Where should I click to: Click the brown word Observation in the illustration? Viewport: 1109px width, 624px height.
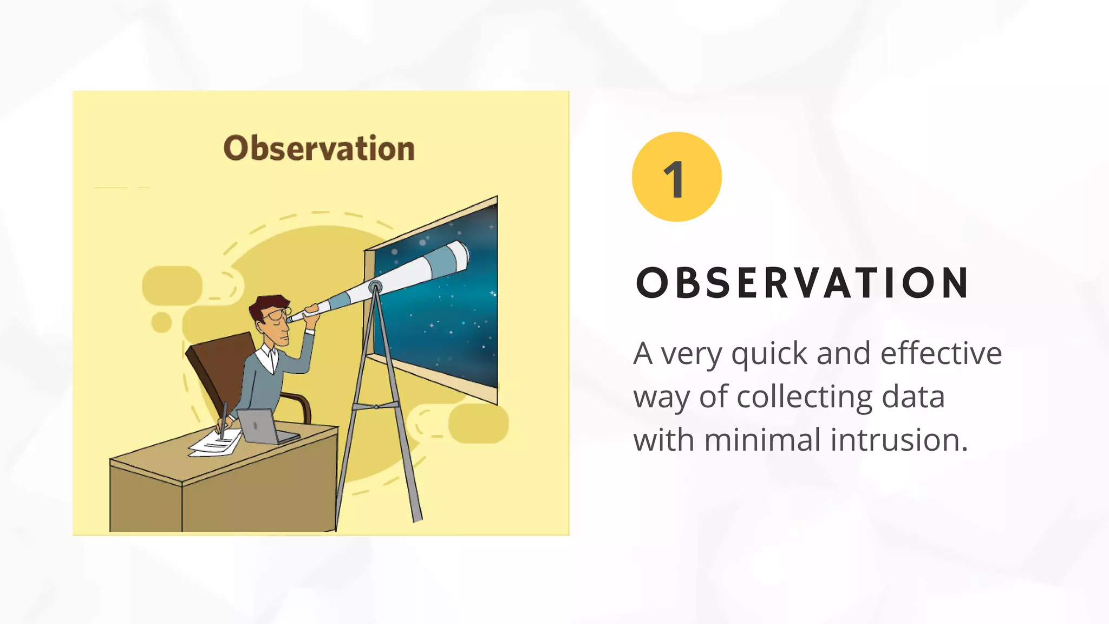[319, 148]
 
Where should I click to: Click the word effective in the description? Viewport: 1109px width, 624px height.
[941, 353]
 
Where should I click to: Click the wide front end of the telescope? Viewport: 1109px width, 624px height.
[458, 256]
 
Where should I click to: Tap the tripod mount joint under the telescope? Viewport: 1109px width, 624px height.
[375, 287]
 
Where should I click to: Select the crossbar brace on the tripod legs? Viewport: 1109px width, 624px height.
[376, 406]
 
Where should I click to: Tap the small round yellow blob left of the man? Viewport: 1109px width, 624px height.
[161, 322]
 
